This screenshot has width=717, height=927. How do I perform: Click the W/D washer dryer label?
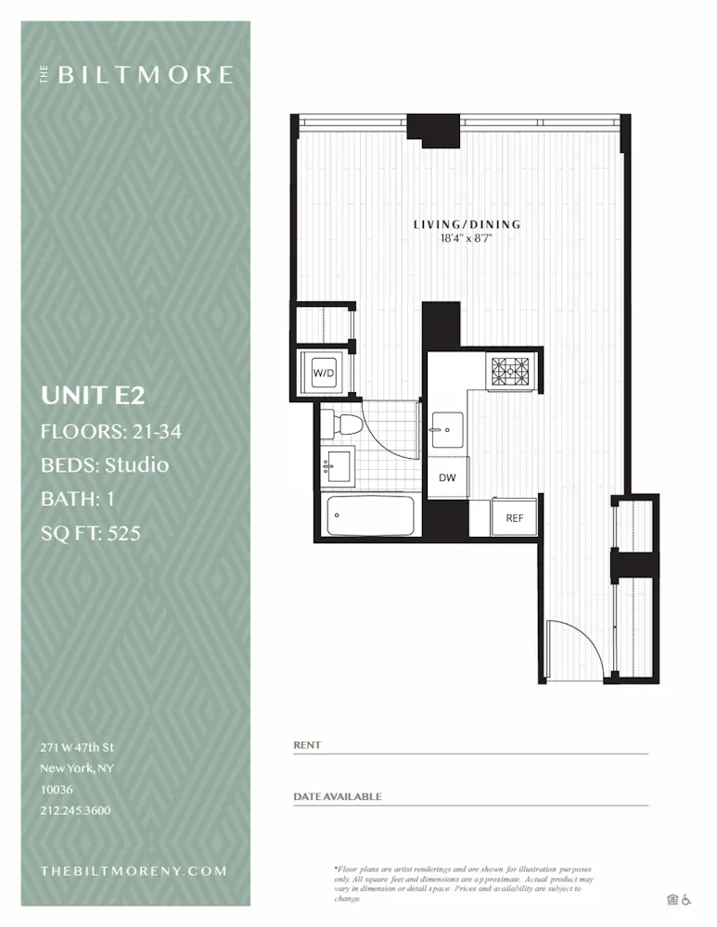tap(324, 373)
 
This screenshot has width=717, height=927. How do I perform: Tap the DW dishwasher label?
tap(447, 478)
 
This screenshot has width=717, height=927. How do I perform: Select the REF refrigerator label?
tap(515, 518)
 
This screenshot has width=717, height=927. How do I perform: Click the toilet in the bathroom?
tap(345, 425)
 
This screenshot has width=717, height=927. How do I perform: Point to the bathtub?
tap(371, 515)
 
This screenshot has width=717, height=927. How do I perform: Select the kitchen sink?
tap(448, 429)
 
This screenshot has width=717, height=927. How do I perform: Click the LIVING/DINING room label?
tap(467, 224)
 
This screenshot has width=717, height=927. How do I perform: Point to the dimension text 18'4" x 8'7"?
tap(467, 238)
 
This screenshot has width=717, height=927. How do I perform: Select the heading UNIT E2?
tap(93, 396)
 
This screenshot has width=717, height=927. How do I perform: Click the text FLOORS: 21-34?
tap(110, 431)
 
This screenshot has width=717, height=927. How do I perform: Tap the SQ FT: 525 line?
tap(91, 533)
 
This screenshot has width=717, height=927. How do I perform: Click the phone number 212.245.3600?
tap(75, 810)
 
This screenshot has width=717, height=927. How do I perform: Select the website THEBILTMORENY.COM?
tap(134, 871)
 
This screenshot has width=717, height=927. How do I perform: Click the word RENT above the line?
tap(307, 745)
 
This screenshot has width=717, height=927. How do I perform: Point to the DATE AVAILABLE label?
tap(338, 796)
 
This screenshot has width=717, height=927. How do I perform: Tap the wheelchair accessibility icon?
tap(687, 898)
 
